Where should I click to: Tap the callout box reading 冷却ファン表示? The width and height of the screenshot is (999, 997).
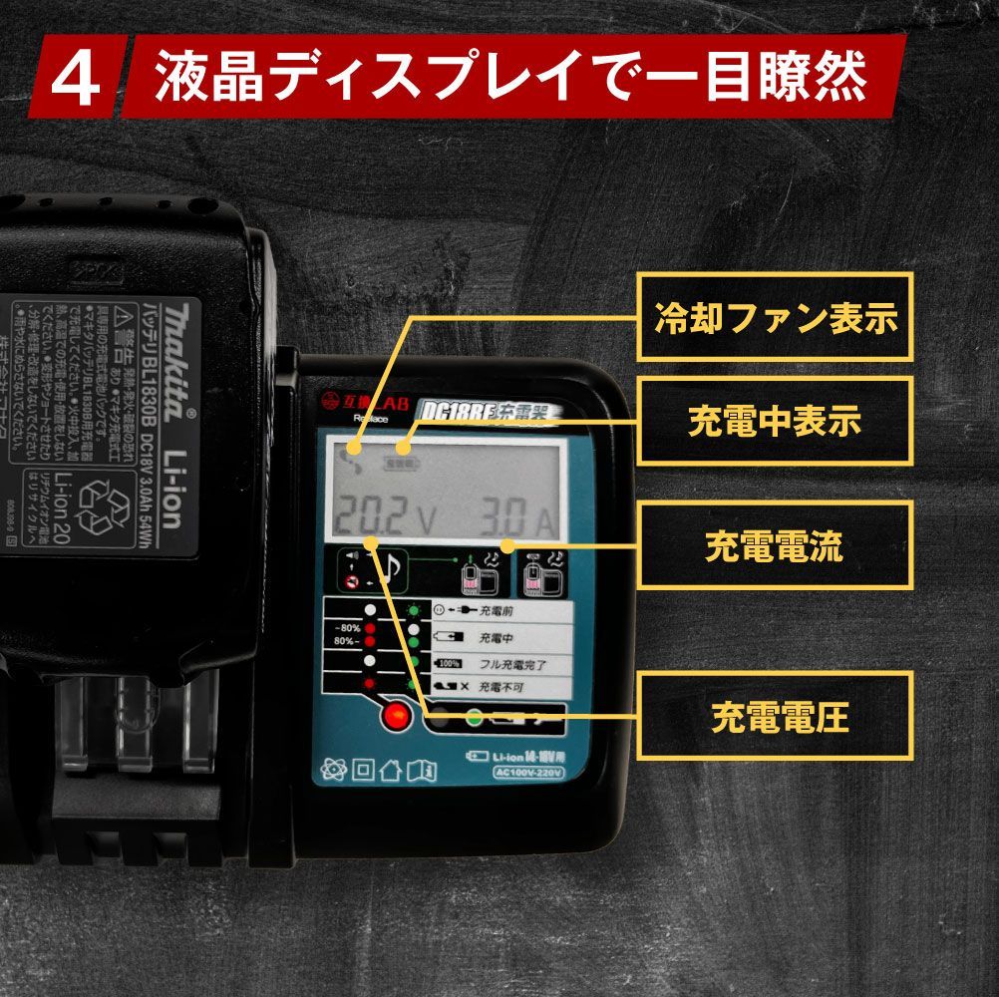coord(775,317)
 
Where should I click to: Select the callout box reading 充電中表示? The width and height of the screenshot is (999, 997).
coord(775,421)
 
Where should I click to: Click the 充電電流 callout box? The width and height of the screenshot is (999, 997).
coord(775,545)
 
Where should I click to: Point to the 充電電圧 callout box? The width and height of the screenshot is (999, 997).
coord(775,715)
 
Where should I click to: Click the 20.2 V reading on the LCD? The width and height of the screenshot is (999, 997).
coord(385,516)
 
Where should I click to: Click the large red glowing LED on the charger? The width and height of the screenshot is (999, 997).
coord(397,715)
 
